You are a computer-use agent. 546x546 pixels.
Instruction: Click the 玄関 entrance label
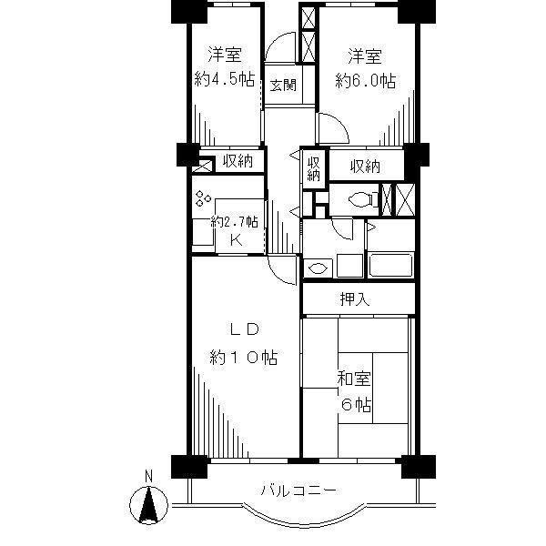(283, 86)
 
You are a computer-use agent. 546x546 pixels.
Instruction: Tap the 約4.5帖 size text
(224, 78)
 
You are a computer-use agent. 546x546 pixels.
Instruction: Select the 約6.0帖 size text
(365, 79)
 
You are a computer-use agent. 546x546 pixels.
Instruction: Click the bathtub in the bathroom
(391, 265)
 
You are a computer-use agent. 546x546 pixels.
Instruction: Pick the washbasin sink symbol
(318, 268)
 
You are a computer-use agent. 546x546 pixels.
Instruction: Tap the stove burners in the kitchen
(202, 198)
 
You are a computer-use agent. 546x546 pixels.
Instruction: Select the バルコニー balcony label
(298, 490)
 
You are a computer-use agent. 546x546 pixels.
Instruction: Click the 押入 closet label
(355, 298)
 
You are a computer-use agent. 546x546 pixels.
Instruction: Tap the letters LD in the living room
(245, 329)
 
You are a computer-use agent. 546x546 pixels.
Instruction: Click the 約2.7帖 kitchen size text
(235, 221)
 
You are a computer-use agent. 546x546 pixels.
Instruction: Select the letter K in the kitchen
(235, 240)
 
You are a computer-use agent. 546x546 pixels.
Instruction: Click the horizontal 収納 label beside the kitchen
(238, 161)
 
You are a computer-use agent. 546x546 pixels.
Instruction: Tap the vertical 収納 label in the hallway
(314, 168)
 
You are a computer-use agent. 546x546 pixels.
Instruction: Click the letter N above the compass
(150, 475)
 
